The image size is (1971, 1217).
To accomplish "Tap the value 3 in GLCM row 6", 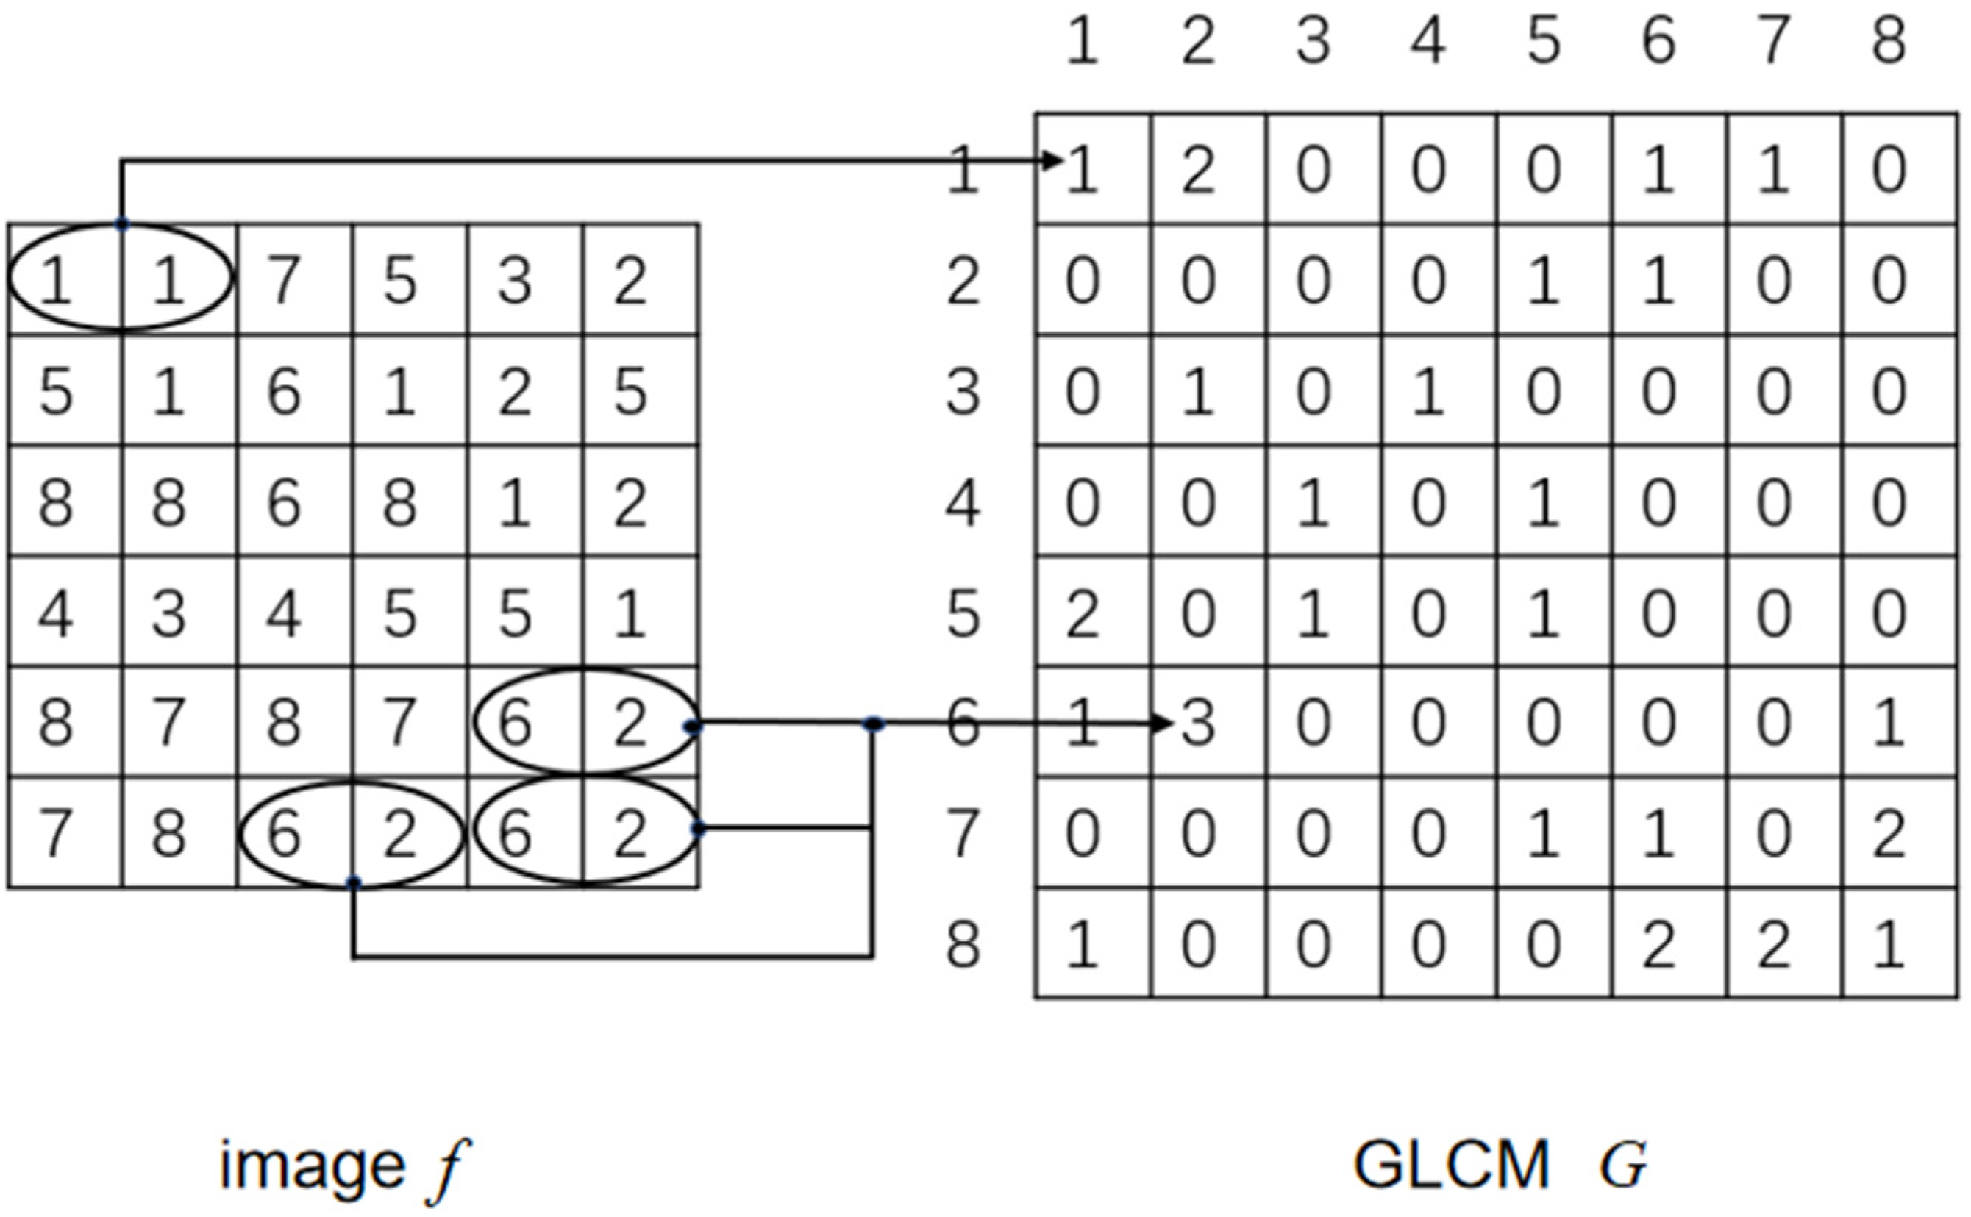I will click(x=1198, y=724).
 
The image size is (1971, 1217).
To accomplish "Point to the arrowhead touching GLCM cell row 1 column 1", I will click(x=1052, y=161).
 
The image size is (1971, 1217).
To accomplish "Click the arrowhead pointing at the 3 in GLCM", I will click(x=1162, y=724).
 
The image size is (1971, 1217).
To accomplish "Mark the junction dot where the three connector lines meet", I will click(x=873, y=724).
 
